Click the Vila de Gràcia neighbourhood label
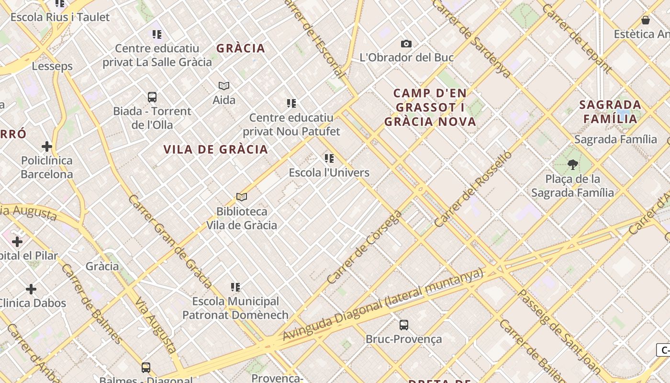point(215,149)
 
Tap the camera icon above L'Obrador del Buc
point(406,44)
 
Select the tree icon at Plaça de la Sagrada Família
point(572,165)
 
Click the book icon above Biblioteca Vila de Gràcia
point(242,197)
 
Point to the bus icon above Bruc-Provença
point(403,325)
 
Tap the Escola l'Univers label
point(329,172)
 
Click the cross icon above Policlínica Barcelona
point(46,146)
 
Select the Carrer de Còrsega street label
point(365,248)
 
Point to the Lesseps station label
point(53,66)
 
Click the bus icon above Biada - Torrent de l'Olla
point(152,97)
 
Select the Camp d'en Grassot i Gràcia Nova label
point(430,107)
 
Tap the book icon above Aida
point(224,86)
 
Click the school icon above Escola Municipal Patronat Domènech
point(235,287)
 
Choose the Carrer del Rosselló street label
point(473,189)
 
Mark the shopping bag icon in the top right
point(645,20)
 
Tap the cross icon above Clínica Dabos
point(31,289)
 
